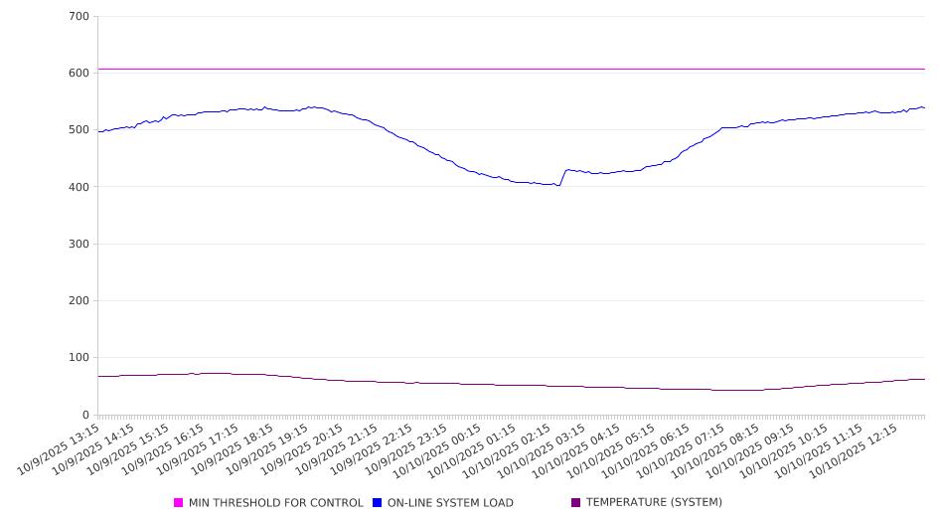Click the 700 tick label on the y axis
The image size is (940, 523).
click(x=79, y=17)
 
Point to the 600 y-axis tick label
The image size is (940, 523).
click(x=79, y=74)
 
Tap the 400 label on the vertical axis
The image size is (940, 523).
click(x=79, y=187)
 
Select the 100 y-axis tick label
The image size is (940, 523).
click(x=79, y=358)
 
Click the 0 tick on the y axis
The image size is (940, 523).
click(x=85, y=415)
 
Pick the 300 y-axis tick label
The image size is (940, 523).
click(x=79, y=245)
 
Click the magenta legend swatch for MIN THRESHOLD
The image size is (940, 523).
click(x=179, y=503)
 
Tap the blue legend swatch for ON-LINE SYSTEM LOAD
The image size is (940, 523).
click(x=378, y=503)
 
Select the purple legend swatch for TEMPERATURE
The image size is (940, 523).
click(x=576, y=503)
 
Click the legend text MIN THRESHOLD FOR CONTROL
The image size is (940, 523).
click(x=275, y=503)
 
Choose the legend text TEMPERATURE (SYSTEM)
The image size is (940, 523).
click(x=654, y=503)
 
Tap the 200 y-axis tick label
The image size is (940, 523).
click(x=79, y=301)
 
